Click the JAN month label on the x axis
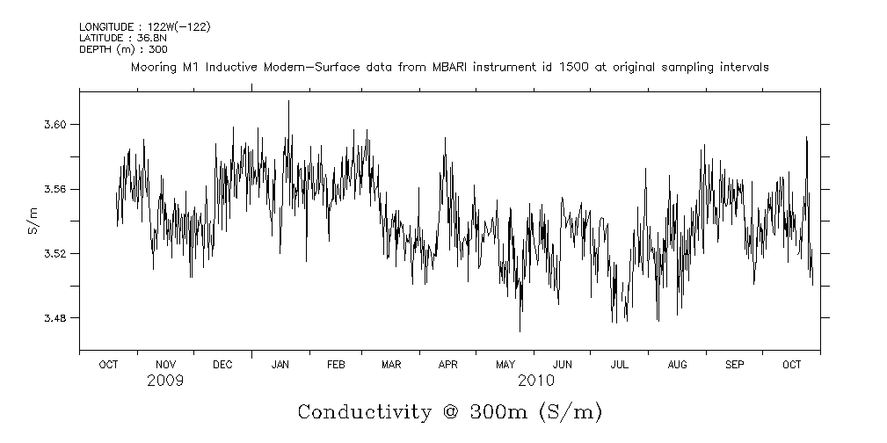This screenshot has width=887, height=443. [x=280, y=364]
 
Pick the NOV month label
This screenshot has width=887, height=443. [x=165, y=364]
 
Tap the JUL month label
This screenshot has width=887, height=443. [x=620, y=364]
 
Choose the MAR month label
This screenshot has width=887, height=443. [x=391, y=364]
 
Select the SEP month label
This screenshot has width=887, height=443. [x=734, y=364]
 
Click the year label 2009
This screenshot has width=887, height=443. [x=165, y=381]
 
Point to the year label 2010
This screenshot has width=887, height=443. [x=535, y=381]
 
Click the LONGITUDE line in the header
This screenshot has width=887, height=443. [x=144, y=26]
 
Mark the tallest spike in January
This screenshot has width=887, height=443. [x=288, y=102]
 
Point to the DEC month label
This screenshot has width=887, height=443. [x=222, y=364]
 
